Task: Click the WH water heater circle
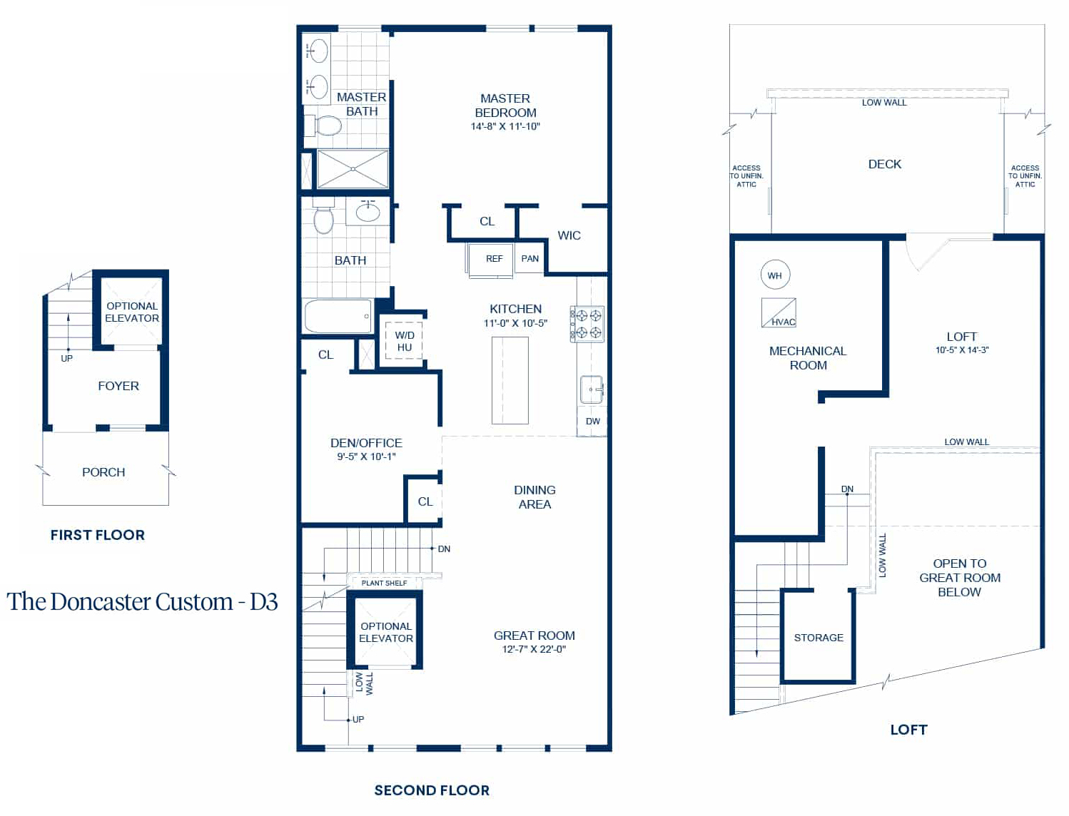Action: (775, 275)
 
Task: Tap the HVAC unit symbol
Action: (779, 312)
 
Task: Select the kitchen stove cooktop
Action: (587, 324)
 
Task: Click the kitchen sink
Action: (592, 389)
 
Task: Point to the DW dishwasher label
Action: (593, 422)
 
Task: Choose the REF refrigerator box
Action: (490, 260)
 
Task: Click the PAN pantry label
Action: (530, 259)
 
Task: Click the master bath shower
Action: (353, 169)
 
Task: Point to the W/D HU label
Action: (404, 341)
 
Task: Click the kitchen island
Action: (510, 380)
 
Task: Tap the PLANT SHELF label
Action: (384, 583)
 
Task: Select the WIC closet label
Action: (569, 235)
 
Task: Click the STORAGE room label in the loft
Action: (819, 638)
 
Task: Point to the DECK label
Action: (885, 165)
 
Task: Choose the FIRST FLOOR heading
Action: (98, 535)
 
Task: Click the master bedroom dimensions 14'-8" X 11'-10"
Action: (505, 126)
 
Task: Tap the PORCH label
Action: (103, 472)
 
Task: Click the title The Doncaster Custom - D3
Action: (142, 601)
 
